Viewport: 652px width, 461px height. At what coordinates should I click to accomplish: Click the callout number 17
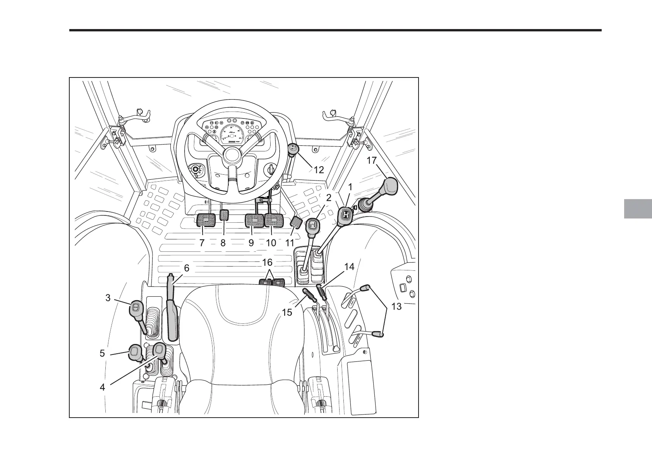click(x=371, y=160)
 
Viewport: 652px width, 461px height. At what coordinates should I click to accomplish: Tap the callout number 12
click(x=319, y=170)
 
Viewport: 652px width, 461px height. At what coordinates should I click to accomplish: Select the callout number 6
click(x=187, y=268)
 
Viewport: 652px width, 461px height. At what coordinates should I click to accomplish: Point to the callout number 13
click(x=396, y=306)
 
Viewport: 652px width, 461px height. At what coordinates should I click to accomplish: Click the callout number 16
click(x=268, y=263)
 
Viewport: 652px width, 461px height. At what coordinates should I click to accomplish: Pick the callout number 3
click(x=108, y=298)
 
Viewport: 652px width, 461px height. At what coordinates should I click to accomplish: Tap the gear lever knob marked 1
click(x=347, y=216)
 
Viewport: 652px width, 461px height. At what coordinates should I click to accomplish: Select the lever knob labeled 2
click(x=313, y=225)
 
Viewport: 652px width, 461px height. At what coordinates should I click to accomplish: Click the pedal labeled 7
click(x=206, y=221)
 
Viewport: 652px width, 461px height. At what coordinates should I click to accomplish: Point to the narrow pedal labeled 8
click(x=224, y=215)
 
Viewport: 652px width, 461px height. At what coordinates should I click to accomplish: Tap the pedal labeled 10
click(x=275, y=221)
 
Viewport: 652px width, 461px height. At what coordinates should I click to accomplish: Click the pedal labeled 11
click(x=296, y=223)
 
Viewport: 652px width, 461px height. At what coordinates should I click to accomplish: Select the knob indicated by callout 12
click(x=292, y=149)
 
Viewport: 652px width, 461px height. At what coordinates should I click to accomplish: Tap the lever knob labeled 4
click(x=160, y=351)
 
